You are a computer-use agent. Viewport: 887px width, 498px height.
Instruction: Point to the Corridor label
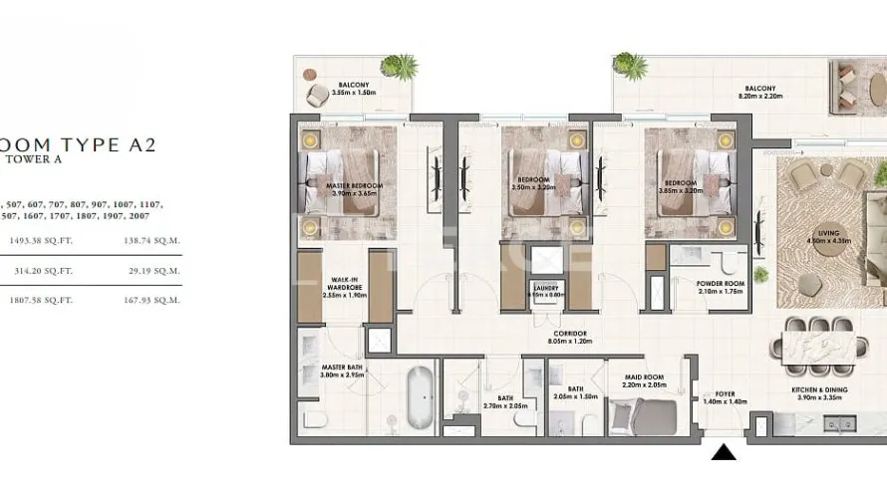(570, 334)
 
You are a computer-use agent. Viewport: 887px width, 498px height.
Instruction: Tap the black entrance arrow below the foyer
(725, 452)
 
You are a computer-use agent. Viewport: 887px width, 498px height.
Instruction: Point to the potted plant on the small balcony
(400, 67)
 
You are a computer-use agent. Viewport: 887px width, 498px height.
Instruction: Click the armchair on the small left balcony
(318, 94)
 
